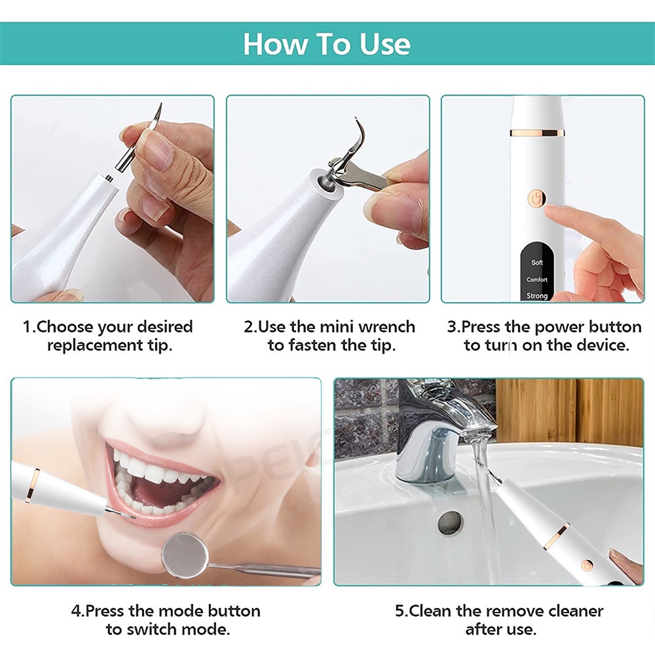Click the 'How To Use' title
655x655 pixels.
[x=327, y=43]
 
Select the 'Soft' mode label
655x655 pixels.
[x=537, y=263]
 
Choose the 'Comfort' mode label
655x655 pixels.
[x=537, y=280]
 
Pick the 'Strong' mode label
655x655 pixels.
[x=537, y=296]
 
